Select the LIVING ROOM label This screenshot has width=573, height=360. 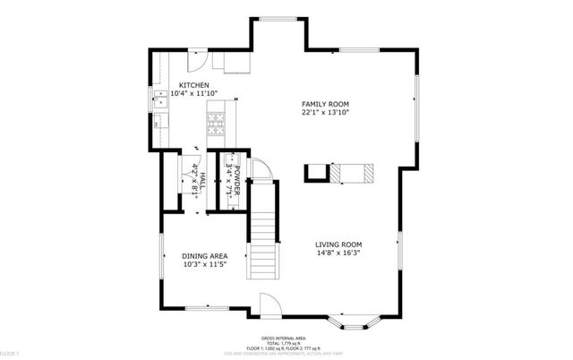coord(344,244)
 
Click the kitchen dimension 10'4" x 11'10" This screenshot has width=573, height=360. coord(194,93)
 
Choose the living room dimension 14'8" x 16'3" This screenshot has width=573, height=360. coord(344,253)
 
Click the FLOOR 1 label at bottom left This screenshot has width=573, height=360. coord(9,355)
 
